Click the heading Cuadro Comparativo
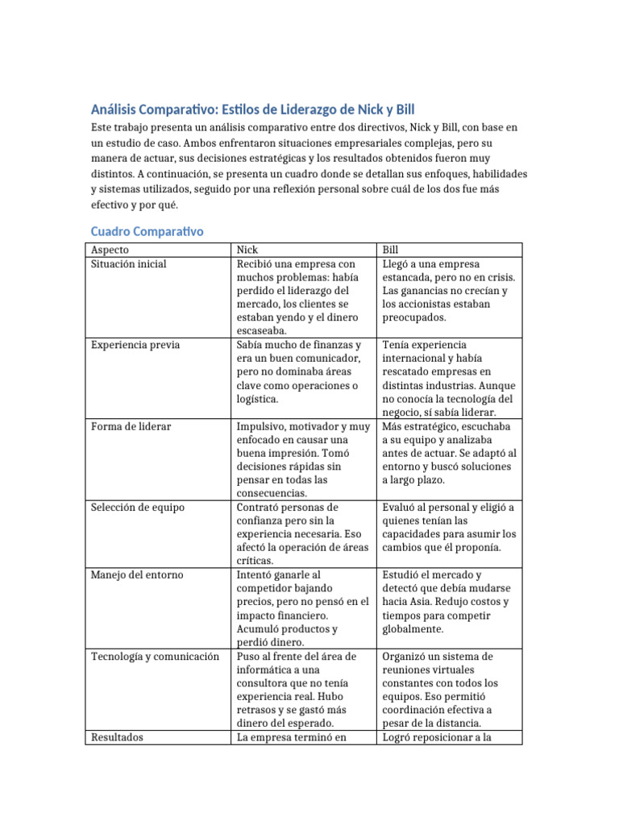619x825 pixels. coord(146,231)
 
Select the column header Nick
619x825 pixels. coord(247,251)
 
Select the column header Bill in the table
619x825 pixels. coord(390,251)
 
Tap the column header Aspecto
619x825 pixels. coord(110,251)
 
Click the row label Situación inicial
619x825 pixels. coord(129,263)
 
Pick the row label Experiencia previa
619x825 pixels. coord(136,345)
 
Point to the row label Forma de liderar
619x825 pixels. coord(131,426)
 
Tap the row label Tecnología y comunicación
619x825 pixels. coord(156,657)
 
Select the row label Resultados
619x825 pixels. coord(117,736)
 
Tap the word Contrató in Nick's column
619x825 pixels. coord(260,508)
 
